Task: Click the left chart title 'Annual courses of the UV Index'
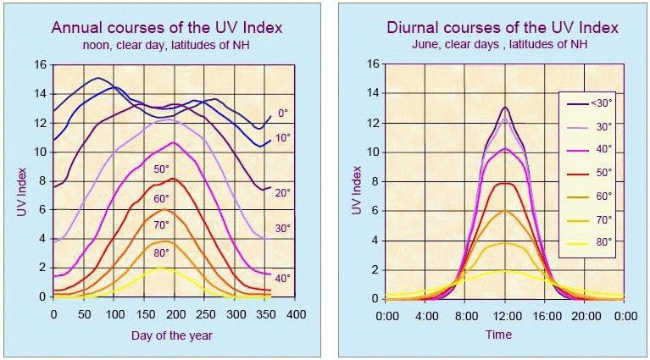tap(167, 28)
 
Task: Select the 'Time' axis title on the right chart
tap(498, 335)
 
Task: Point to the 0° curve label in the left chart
tap(283, 111)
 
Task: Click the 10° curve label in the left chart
tap(283, 138)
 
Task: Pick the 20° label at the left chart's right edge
tap(283, 193)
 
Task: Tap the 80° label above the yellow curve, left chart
tap(161, 252)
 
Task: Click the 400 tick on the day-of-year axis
tap(295, 314)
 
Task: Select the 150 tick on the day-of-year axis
tap(144, 314)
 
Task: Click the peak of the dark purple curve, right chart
tap(505, 108)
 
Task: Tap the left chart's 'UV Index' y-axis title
tap(21, 180)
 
